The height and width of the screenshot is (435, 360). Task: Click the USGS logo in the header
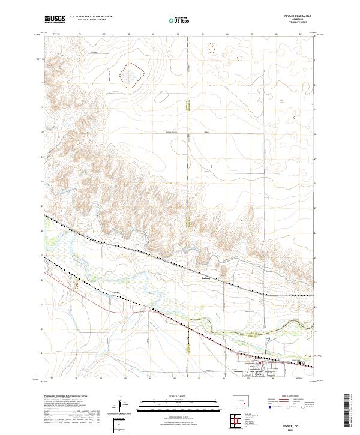(x=55, y=19)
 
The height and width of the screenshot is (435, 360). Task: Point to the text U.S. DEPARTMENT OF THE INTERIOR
(x=91, y=17)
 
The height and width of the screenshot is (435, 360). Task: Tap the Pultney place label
(x=207, y=278)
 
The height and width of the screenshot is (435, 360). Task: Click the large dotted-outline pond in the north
(x=131, y=75)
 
